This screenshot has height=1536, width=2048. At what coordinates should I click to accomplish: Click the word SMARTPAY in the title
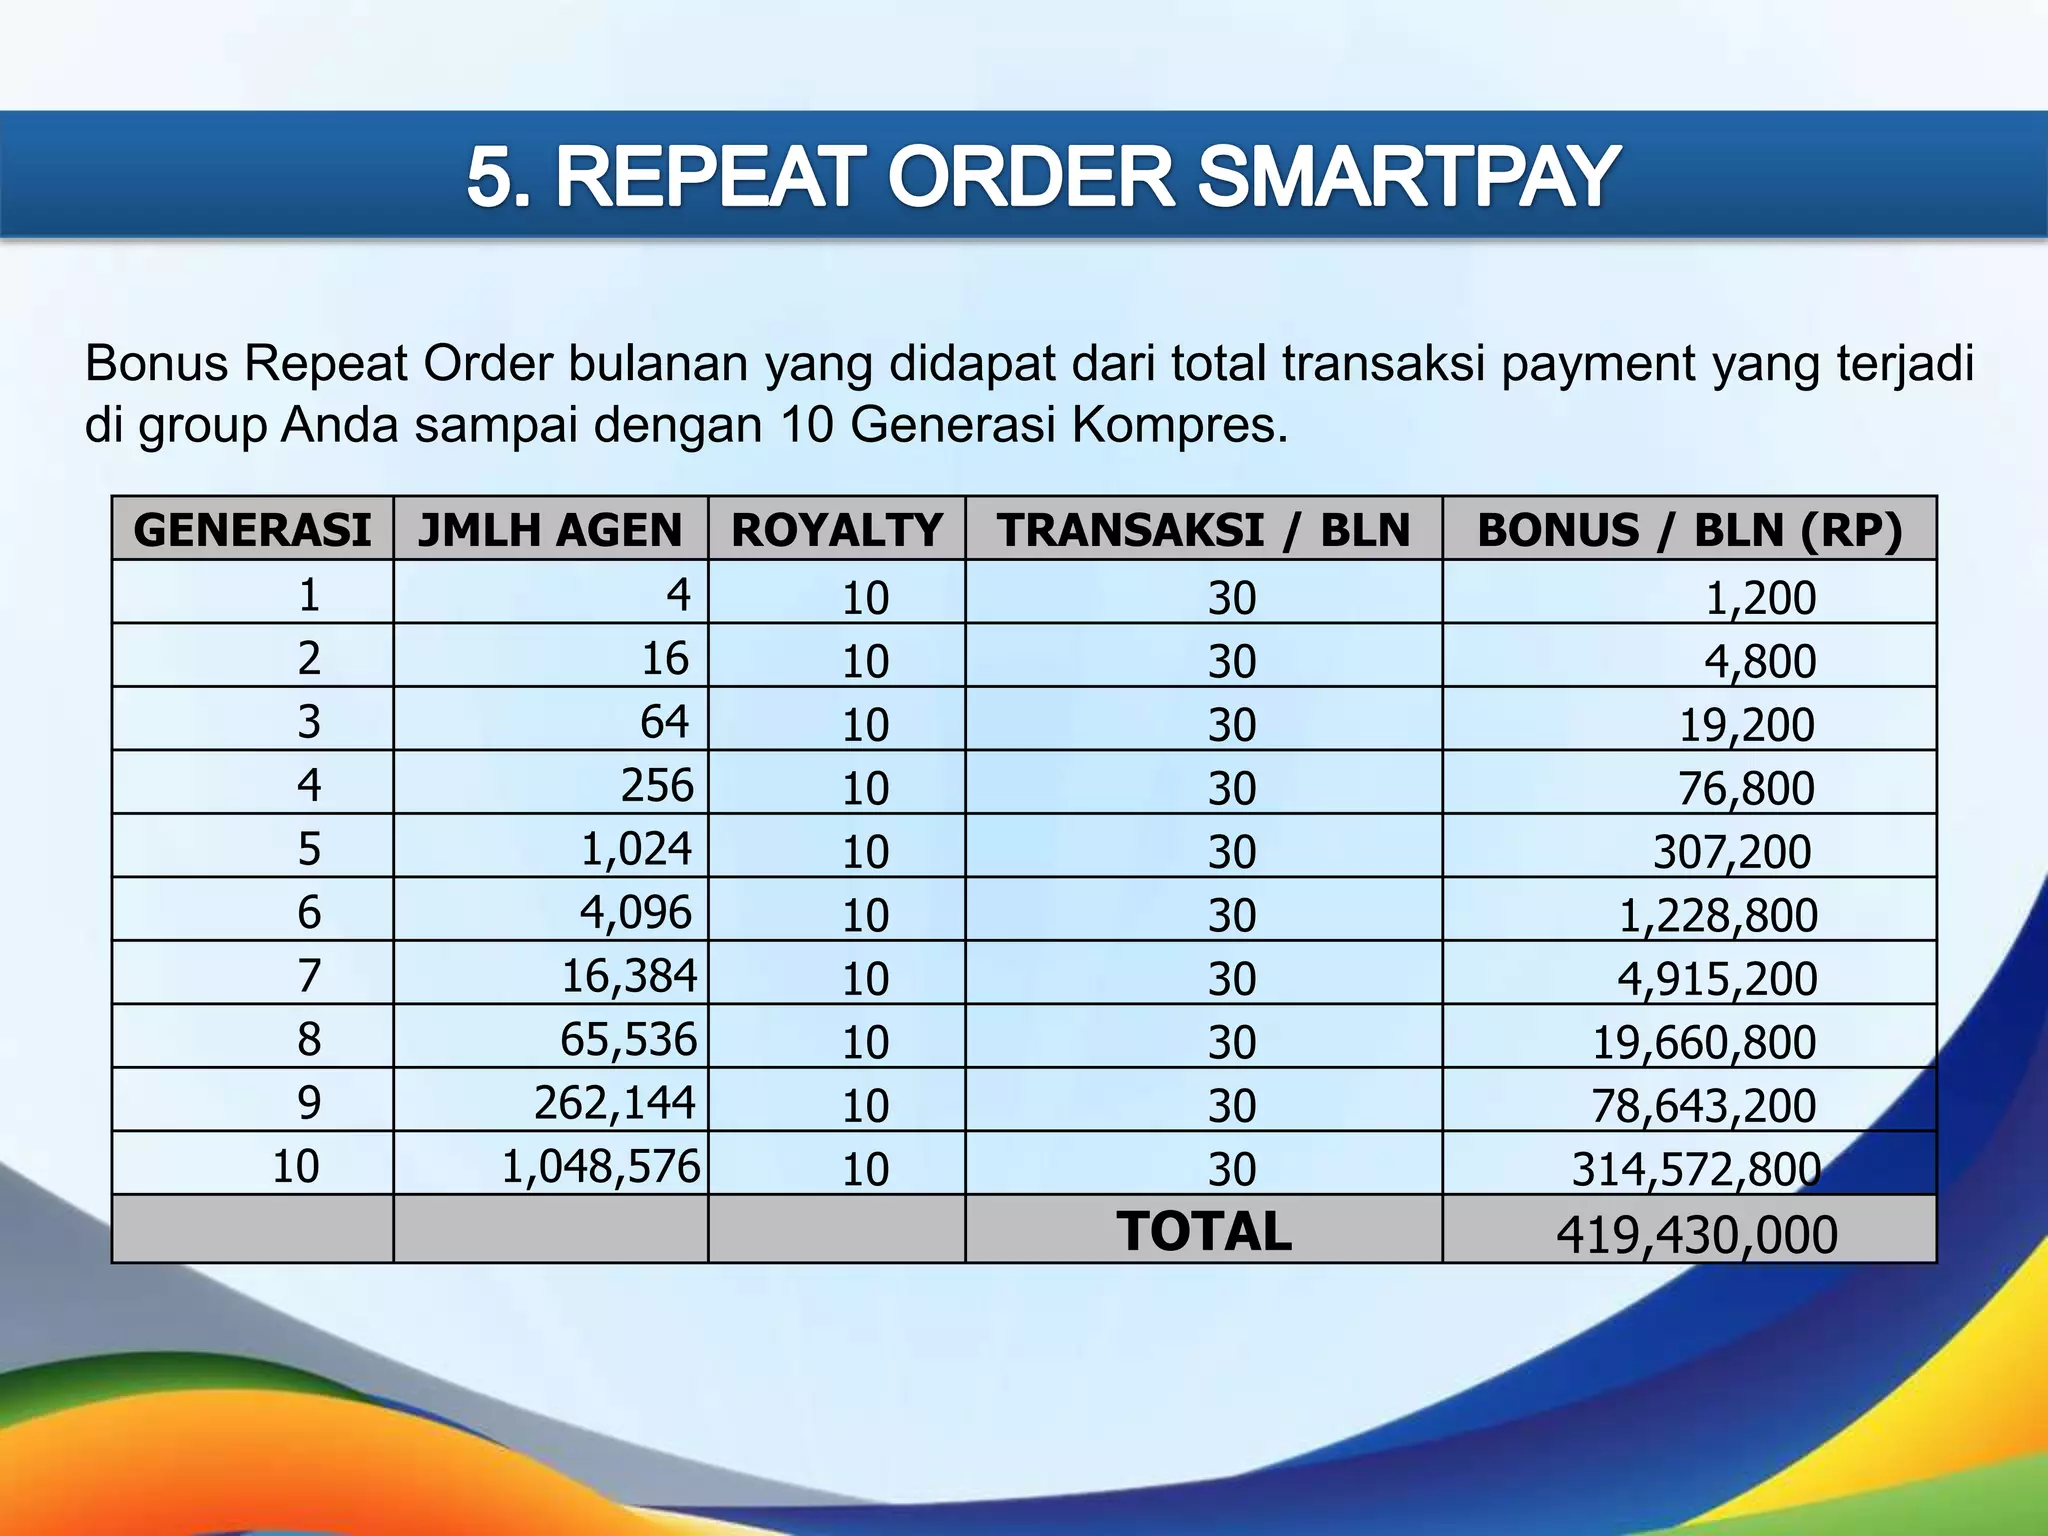coord(1407,177)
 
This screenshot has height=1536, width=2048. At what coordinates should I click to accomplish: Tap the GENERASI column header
coord(252,529)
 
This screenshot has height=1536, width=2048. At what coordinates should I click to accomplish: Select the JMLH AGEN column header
coord(550,529)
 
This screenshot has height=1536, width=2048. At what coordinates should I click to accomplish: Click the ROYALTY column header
coord(837,529)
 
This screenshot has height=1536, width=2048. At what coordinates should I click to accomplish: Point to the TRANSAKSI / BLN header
coord(1203,529)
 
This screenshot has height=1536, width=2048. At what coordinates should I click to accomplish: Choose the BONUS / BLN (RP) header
coord(1689,529)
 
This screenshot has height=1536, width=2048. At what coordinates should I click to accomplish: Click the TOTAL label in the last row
coord(1204,1231)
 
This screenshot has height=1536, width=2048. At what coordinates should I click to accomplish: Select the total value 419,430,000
coord(1696,1234)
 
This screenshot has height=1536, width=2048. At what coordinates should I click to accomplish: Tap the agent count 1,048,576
coord(600,1166)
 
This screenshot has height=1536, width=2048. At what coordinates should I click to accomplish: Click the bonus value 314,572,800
coord(1696,1168)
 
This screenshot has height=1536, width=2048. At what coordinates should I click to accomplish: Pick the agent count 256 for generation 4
coord(656,785)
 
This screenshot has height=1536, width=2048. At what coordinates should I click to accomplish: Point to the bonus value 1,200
coord(1760,597)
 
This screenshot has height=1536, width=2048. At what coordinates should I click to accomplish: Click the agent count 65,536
coord(628,1039)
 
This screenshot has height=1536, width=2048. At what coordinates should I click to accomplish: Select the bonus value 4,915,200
coord(1717,978)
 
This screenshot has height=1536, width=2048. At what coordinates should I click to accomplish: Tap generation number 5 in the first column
coord(309,849)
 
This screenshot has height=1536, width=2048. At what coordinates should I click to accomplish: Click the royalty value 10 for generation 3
coord(865,724)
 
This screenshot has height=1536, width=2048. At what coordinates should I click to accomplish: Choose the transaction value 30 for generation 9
coord(1231,1105)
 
